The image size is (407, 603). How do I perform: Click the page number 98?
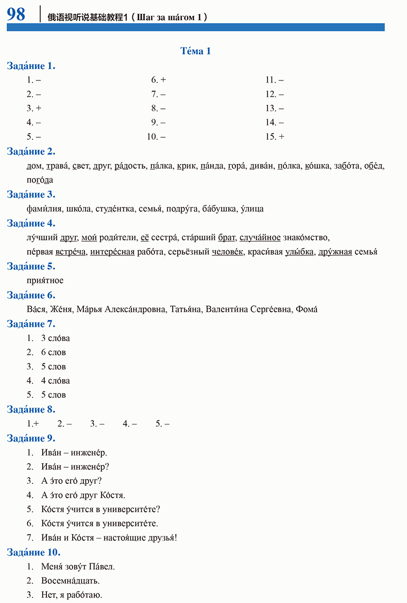tap(16, 14)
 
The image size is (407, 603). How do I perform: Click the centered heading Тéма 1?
tap(196, 51)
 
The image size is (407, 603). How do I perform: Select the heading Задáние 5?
tap(31, 267)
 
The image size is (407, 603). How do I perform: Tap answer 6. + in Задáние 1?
tap(158, 80)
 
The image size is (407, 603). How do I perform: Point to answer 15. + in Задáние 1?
tap(275, 137)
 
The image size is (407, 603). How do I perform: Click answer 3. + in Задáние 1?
tap(34, 108)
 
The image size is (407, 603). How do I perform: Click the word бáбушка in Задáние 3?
tap(219, 209)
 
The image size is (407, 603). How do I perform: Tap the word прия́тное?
tap(45, 281)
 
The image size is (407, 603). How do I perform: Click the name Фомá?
tap(307, 309)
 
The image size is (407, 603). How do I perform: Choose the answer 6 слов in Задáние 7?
tap(54, 352)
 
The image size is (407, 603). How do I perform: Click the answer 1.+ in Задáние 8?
tap(33, 423)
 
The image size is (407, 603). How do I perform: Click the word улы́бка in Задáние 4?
tap(298, 252)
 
